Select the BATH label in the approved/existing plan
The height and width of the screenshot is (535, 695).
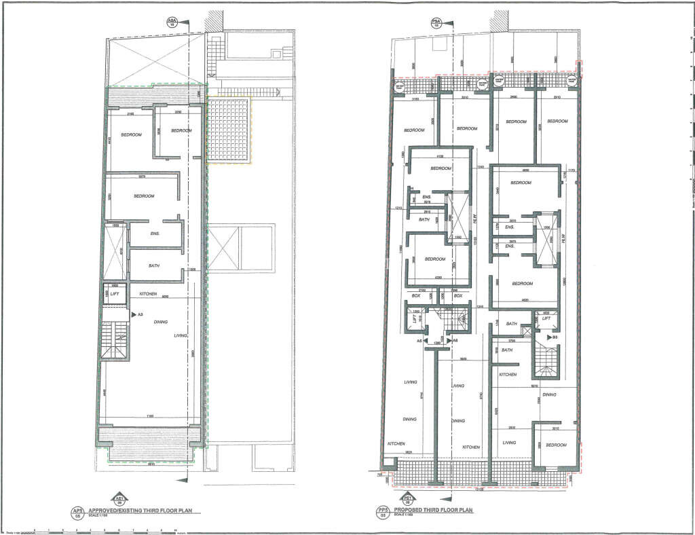(153, 265)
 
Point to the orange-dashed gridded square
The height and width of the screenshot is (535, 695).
(229, 130)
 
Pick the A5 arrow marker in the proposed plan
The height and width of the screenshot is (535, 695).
(421, 340)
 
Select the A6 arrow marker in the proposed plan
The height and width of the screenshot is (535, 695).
(453, 340)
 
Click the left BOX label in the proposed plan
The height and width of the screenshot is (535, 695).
(417, 296)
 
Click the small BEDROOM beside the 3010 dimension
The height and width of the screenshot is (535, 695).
(556, 445)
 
